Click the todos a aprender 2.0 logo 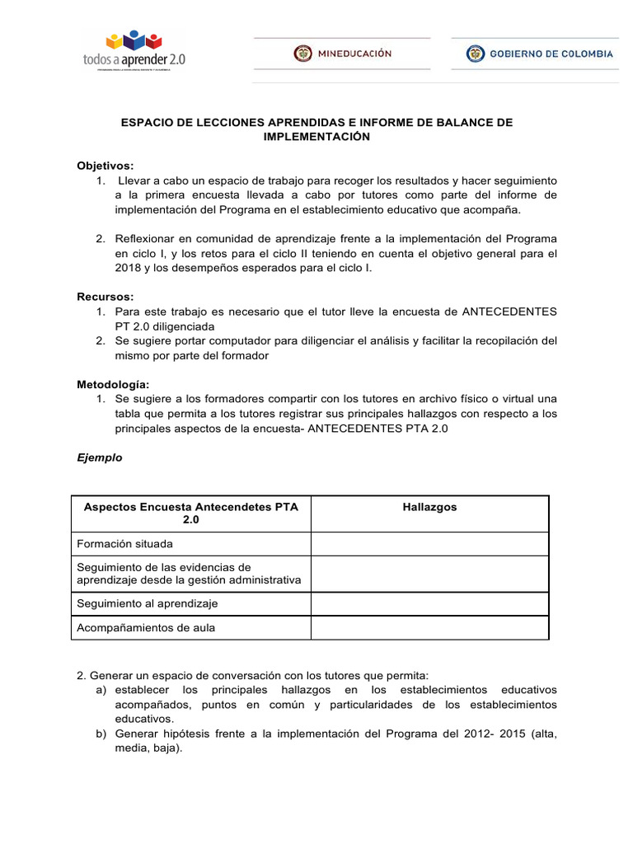137,50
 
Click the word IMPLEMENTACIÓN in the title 316,137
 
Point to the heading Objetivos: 105,165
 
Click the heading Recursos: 105,296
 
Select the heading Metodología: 112,384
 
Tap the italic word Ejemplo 99,457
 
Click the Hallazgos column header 429,507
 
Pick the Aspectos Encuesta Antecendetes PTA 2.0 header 190,513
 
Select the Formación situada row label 124,544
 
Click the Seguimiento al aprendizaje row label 147,603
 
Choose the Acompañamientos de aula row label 145,628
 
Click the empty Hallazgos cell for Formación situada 429,544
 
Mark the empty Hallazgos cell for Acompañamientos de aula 429,628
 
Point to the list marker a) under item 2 101,689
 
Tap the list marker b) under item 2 101,734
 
